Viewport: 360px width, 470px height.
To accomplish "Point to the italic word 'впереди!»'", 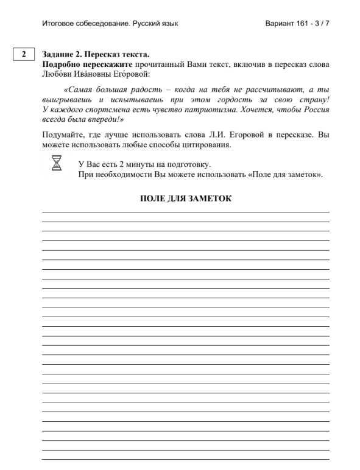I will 98,119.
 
